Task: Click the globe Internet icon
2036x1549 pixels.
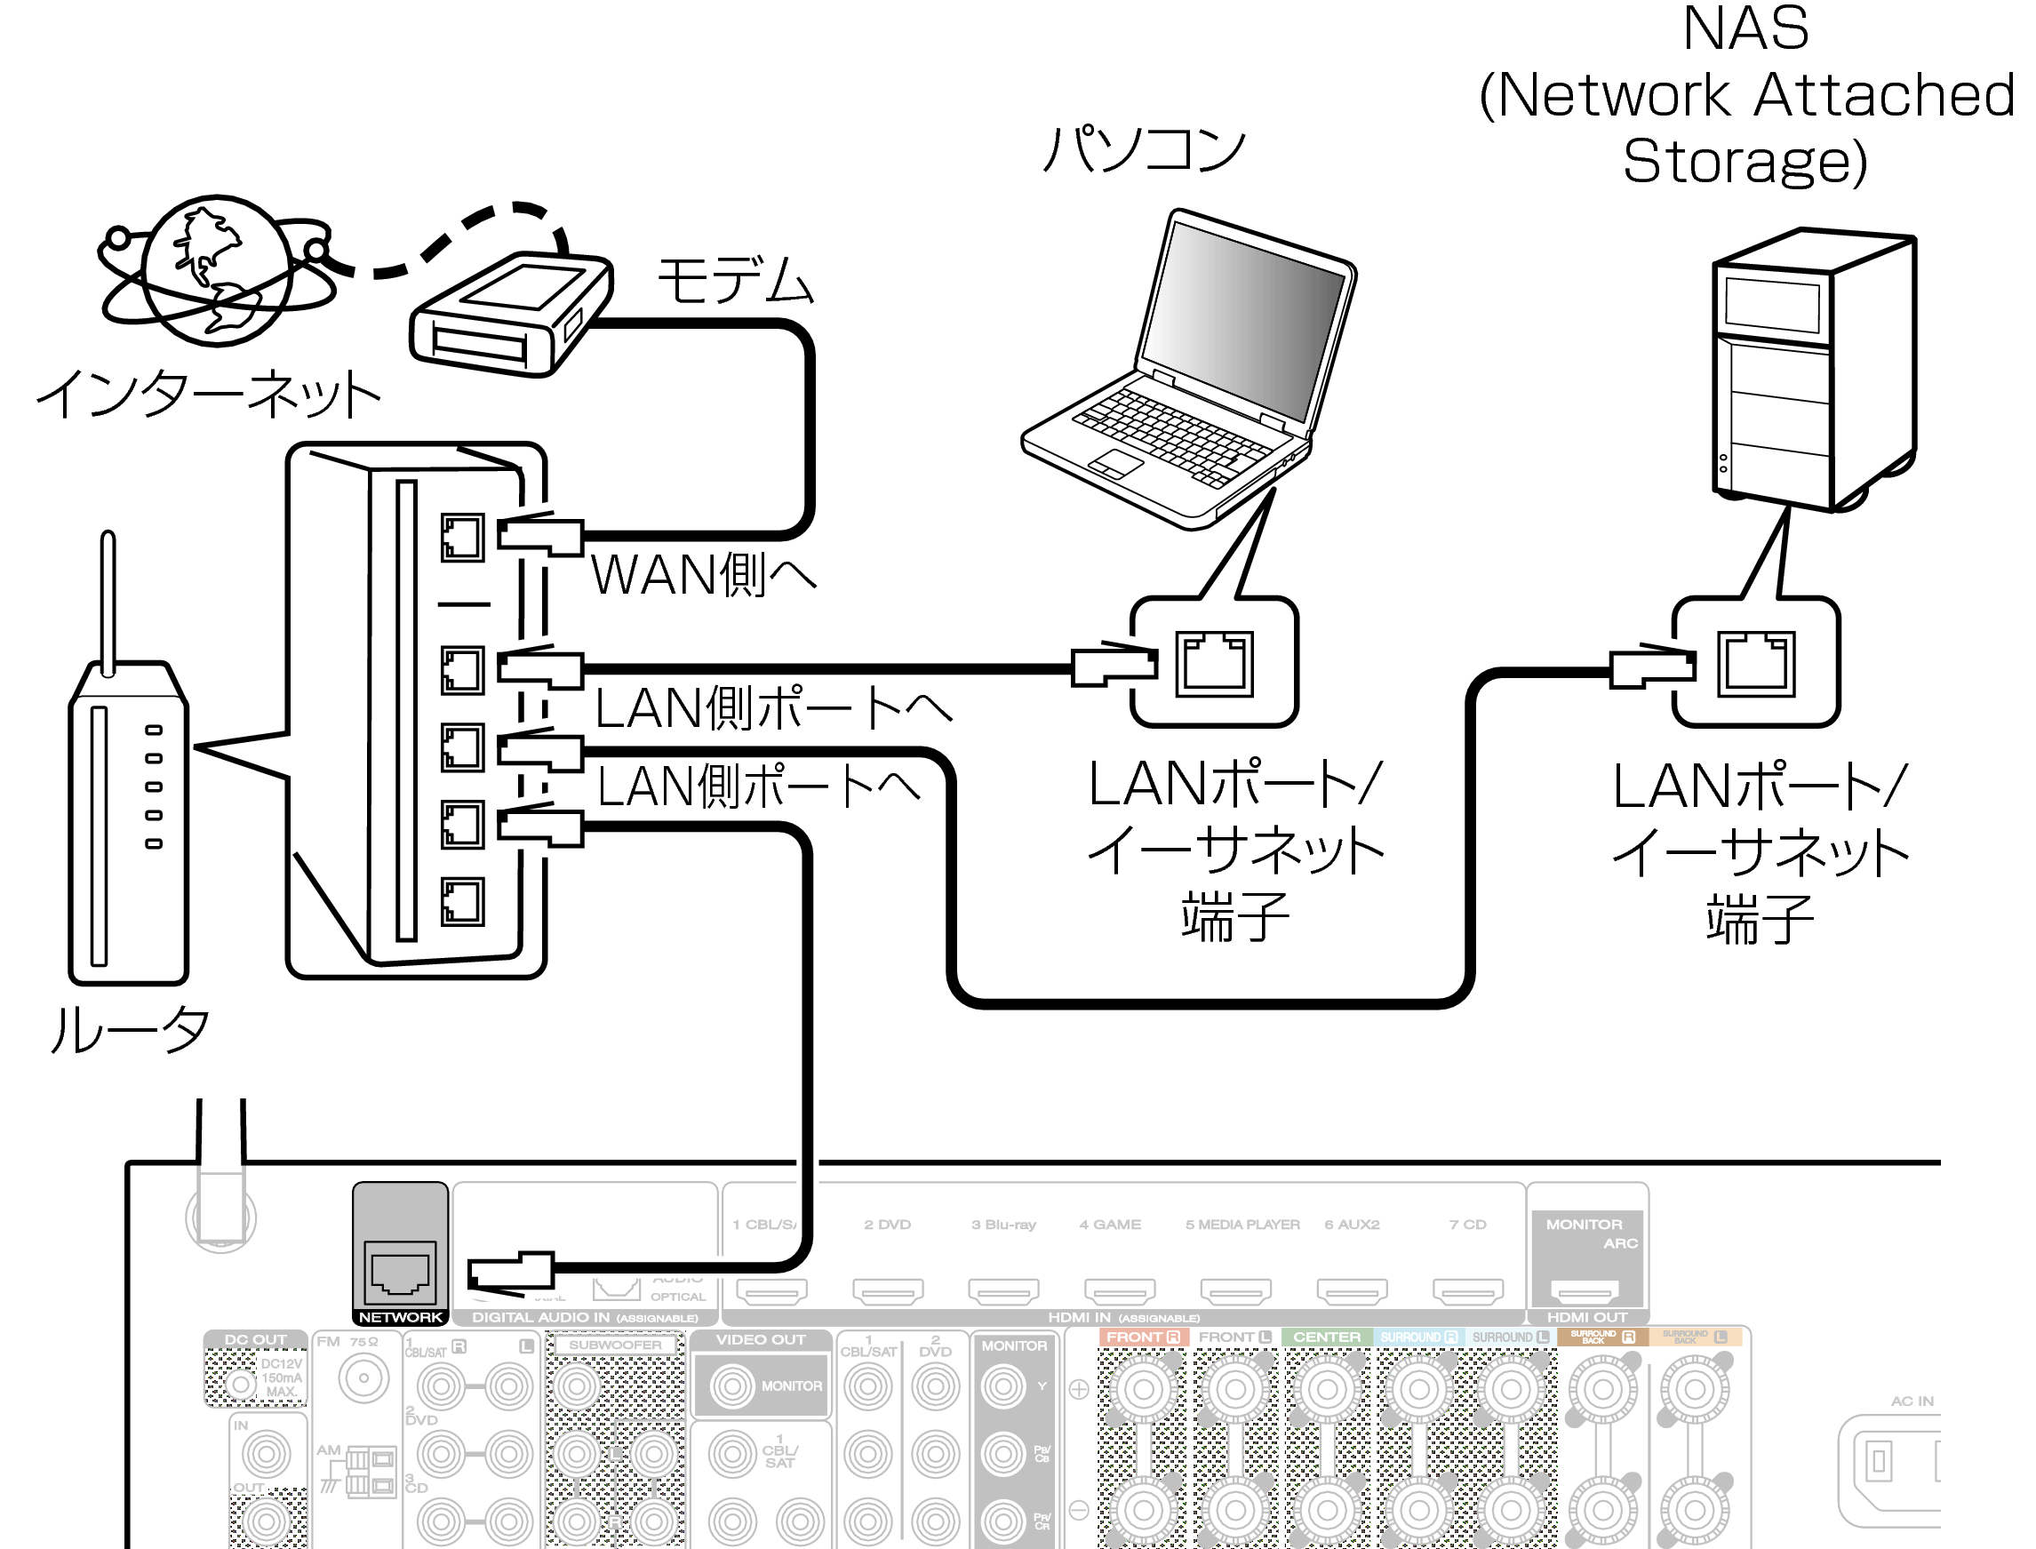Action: (218, 270)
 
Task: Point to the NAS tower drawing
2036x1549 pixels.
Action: (1813, 369)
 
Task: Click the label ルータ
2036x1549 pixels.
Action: (129, 1030)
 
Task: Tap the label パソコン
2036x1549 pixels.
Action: (1145, 149)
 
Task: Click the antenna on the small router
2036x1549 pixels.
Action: (108, 599)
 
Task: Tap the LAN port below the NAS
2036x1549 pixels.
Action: (1756, 663)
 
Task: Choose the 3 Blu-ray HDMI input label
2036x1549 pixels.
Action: (1003, 1225)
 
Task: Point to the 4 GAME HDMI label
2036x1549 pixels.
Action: (1110, 1225)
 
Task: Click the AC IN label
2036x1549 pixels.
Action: (1912, 1401)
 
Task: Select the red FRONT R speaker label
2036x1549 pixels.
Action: (1143, 1337)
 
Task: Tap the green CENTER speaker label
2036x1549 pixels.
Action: (1326, 1337)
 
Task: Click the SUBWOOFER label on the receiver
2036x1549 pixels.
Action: (615, 1345)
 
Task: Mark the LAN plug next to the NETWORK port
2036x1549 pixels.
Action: (512, 1273)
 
